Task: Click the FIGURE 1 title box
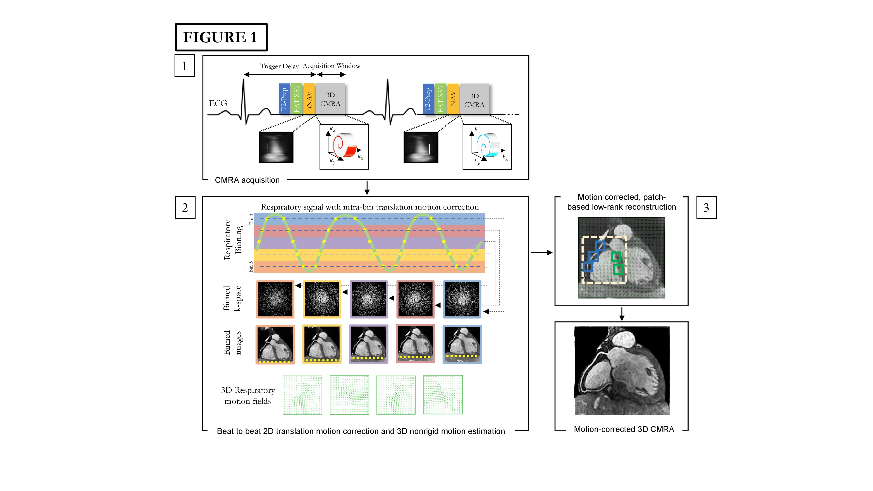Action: point(221,37)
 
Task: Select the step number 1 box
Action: point(184,66)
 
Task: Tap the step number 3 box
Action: point(706,207)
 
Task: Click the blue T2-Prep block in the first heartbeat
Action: point(284,98)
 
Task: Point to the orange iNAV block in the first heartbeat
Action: point(309,98)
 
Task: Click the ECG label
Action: point(218,103)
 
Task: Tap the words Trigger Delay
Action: point(279,66)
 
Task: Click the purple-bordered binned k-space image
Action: point(368,299)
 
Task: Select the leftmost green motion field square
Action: point(302,395)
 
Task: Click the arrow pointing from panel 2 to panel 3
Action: point(541,252)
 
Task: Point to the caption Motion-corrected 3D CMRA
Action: point(624,429)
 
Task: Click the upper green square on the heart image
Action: point(615,257)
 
